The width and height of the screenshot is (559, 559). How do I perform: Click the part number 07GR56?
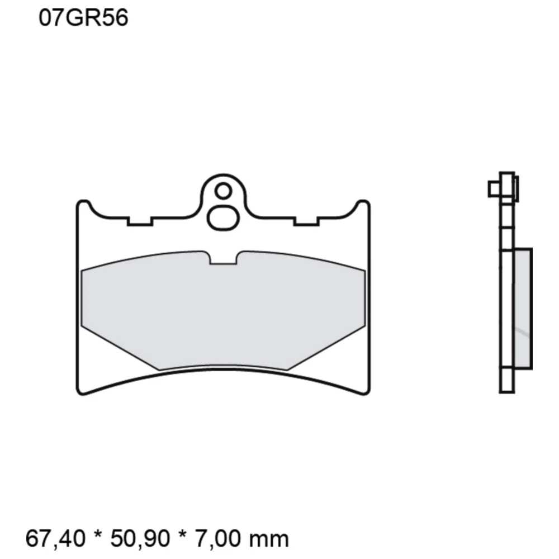click(83, 18)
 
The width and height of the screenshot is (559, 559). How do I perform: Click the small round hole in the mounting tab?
click(223, 191)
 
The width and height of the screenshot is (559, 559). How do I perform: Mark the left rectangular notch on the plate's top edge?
click(140, 221)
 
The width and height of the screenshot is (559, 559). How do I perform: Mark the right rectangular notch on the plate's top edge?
click(306, 221)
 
